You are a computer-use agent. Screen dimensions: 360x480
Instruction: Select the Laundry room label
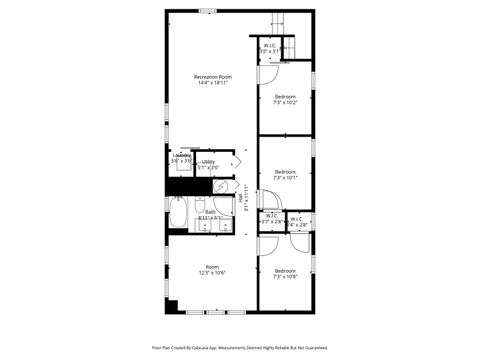tap(181, 155)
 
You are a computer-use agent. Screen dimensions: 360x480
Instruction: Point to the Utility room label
tap(208, 161)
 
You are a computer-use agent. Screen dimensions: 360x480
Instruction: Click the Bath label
tap(211, 211)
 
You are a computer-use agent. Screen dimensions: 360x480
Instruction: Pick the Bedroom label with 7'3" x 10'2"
tap(285, 96)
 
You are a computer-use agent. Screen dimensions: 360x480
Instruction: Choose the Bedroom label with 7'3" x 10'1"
tap(285, 171)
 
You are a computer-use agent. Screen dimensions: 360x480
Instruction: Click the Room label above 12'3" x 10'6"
tap(211, 266)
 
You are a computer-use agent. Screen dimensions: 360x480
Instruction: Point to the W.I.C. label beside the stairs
tap(270, 45)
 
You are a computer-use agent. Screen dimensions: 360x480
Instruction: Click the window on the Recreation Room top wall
tap(207, 11)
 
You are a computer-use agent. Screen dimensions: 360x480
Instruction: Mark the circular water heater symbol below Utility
tap(223, 186)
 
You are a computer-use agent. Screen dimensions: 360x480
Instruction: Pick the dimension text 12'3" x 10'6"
tap(211, 273)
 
